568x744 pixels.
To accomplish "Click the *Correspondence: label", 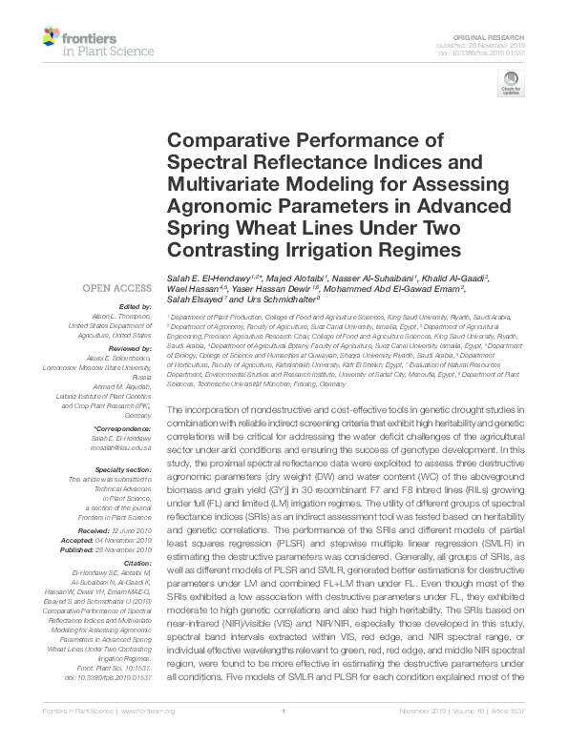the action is coord(123,430).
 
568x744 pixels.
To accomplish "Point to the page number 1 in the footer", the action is coord(284,711).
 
